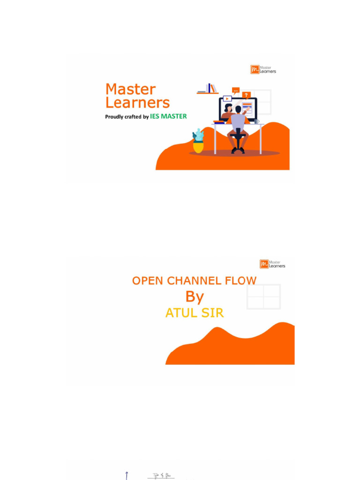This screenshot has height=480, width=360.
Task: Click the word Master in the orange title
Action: tap(130, 89)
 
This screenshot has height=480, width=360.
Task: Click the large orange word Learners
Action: tap(137, 103)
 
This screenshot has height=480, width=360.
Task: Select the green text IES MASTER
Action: tap(168, 116)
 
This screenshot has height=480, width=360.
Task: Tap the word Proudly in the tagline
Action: tap(114, 117)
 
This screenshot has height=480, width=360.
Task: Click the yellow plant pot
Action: tap(198, 147)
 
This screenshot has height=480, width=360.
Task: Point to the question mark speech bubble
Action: tap(247, 95)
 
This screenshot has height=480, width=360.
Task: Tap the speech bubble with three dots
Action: tap(235, 90)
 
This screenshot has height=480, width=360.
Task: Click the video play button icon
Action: tap(227, 98)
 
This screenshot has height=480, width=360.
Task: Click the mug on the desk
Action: tap(257, 121)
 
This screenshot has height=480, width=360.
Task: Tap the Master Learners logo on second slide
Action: tap(272, 264)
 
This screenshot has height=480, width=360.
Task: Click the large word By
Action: tap(195, 297)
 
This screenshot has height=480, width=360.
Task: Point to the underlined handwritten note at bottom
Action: tap(161, 475)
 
